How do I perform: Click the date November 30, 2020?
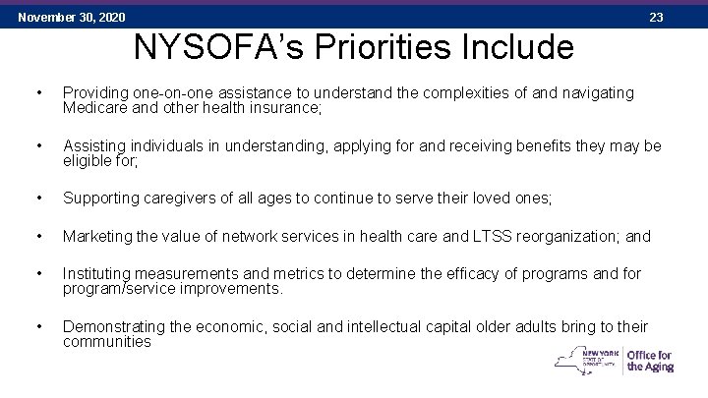tap(72, 17)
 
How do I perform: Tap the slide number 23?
tap(657, 17)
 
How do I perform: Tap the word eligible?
tap(87, 160)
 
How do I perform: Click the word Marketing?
tap(97, 237)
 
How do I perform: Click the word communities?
tap(107, 342)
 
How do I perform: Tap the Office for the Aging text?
tap(649, 361)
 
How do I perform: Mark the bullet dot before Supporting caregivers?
tap(36, 199)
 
